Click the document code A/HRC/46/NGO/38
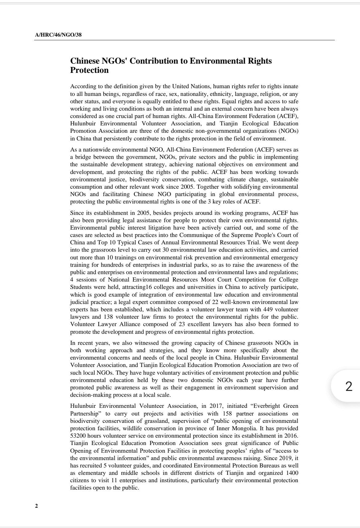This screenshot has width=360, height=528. (x=58, y=35)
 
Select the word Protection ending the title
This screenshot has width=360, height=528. (x=89, y=70)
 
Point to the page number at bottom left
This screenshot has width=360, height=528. (x=36, y=506)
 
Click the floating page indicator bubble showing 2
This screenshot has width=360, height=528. (x=349, y=386)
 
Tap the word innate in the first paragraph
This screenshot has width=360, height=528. (x=291, y=86)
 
